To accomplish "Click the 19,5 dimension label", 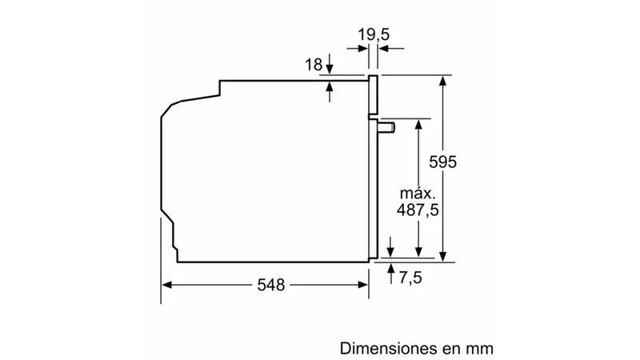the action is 374,34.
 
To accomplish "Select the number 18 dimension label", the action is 314,65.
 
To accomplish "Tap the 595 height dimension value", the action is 443,162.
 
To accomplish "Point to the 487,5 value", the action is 418,210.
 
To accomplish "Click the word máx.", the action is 418,193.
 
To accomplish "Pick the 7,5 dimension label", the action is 410,278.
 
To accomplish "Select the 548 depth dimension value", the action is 271,285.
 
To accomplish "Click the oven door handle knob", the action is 386,127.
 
